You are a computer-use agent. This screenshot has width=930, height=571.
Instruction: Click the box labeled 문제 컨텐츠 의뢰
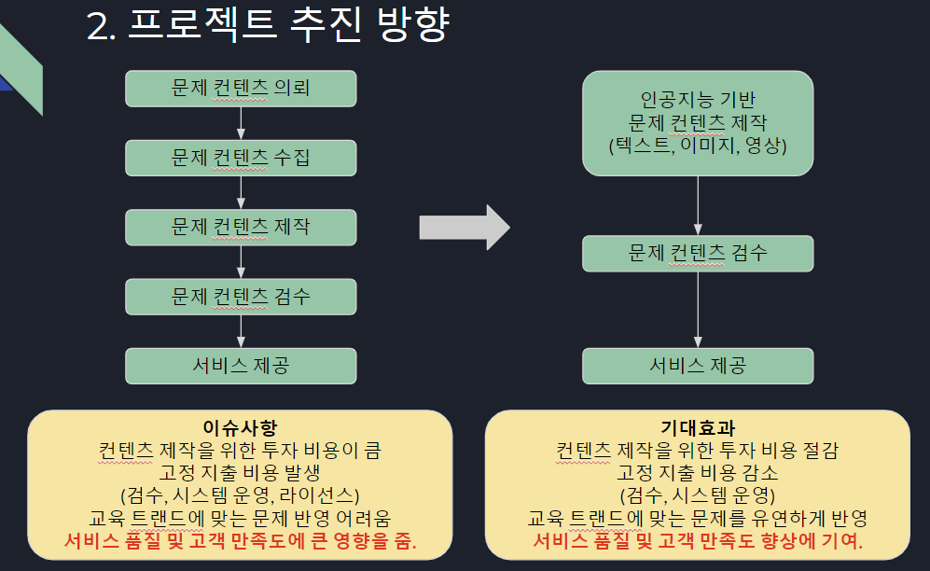point(241,89)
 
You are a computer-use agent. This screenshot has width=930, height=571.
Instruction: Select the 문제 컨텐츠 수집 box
point(241,159)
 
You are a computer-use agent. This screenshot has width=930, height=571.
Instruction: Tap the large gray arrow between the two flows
point(465,228)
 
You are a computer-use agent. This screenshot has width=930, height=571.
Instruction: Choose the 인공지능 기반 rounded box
point(698,123)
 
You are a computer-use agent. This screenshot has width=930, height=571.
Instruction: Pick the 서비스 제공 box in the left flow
point(241,366)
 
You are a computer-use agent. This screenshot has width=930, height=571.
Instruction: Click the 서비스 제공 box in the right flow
point(698,366)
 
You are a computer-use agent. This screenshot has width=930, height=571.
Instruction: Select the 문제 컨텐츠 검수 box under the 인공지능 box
point(698,254)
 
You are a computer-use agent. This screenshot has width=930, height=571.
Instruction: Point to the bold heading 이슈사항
point(240,427)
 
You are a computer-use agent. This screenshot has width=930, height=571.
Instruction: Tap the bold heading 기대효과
point(698,427)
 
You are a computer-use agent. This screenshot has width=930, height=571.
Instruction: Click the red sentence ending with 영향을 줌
point(241,541)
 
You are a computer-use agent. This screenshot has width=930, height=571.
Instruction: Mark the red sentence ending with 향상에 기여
point(698,541)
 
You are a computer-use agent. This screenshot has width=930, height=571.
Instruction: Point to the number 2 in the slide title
point(98,27)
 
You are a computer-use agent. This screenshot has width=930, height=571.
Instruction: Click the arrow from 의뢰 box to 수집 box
point(241,123)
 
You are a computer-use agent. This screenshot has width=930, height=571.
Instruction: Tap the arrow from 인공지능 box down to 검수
point(698,206)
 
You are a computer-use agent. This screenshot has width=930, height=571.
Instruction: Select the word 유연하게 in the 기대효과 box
point(787,519)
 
